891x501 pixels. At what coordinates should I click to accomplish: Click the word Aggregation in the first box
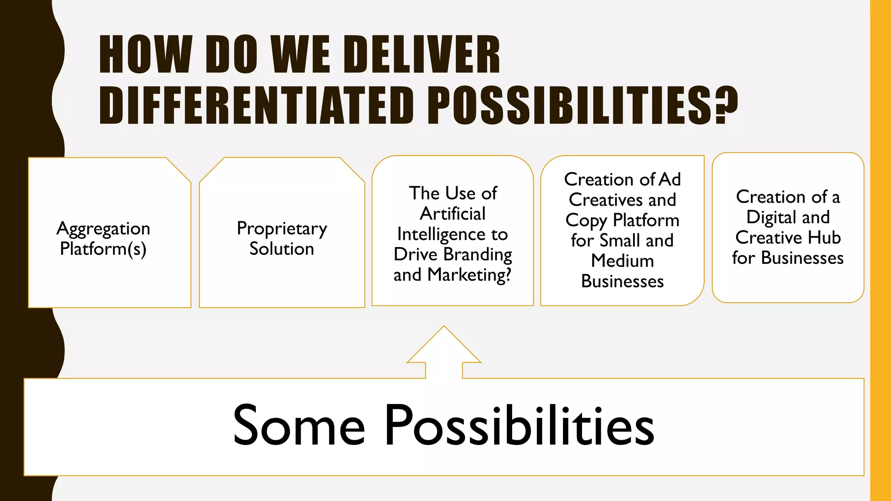coord(104,229)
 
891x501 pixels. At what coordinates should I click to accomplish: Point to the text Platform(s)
coord(103,249)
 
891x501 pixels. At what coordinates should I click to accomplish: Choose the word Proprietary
coord(282,229)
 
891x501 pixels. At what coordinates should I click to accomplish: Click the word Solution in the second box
coord(281,249)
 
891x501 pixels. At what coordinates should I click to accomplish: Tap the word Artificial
coord(452,214)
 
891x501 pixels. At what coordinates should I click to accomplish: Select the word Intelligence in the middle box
coord(441,234)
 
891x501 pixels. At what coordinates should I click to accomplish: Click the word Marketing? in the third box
coord(469,275)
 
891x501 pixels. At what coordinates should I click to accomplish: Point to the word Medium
coord(623,261)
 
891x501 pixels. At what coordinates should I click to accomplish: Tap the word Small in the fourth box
coord(620,240)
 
